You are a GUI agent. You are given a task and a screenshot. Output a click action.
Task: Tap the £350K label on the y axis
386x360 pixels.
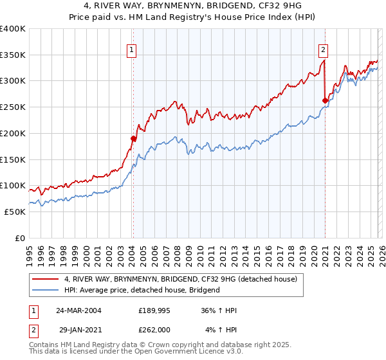coord(13,55)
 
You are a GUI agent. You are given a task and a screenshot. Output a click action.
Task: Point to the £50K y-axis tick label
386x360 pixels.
coord(15,212)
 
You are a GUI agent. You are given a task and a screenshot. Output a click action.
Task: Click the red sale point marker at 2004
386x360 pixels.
coord(133,138)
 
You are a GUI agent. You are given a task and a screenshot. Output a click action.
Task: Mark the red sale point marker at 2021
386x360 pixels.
coord(325,100)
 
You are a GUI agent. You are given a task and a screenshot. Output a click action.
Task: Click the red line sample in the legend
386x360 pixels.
coord(46,280)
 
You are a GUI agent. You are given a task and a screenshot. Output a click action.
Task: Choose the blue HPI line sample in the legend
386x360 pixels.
coord(46,290)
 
